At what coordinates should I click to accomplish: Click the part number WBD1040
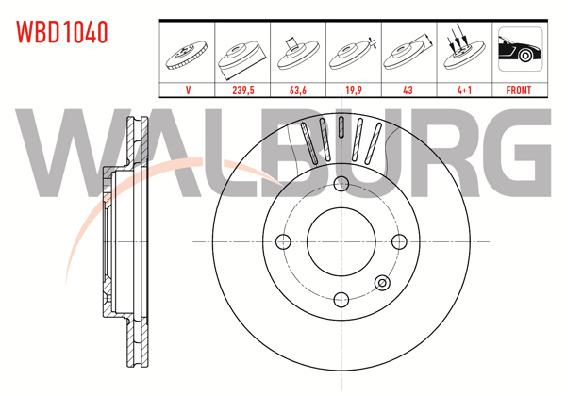(62, 32)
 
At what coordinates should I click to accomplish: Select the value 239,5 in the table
(243, 91)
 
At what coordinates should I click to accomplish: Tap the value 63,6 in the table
(298, 91)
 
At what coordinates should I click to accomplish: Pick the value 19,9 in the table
(354, 91)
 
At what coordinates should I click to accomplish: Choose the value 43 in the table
(408, 91)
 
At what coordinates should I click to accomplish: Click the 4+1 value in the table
(464, 91)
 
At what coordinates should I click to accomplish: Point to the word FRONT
(519, 91)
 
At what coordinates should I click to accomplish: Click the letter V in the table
(188, 91)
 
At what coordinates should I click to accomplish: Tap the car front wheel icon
(520, 49)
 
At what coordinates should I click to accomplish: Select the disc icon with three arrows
(463, 49)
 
